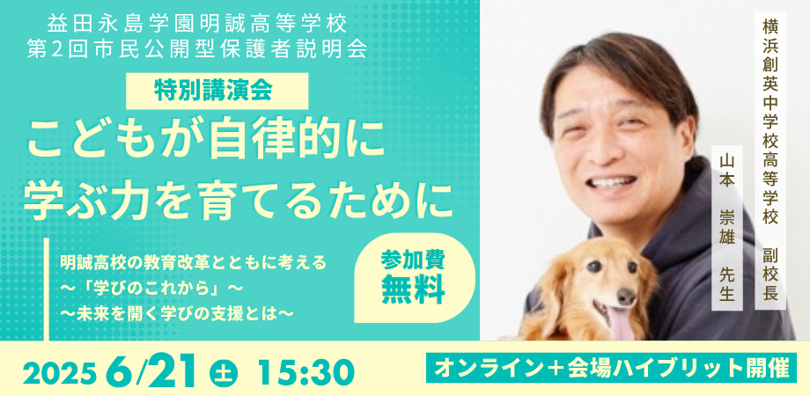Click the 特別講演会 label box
217,91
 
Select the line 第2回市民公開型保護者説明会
198,50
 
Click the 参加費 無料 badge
414,278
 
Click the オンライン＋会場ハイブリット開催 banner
611,368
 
